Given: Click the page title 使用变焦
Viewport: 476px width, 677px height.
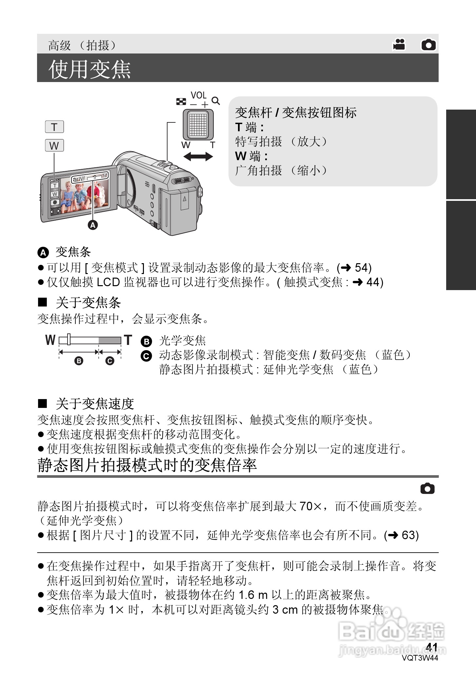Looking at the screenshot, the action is (89, 69).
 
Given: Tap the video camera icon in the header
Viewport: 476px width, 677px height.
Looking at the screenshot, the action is (399, 45).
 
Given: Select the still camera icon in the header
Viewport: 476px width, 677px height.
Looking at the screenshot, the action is (428, 45).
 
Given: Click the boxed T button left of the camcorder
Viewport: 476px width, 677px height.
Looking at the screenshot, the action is (54, 127).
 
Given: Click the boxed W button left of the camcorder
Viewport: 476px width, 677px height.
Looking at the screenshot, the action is (54, 145).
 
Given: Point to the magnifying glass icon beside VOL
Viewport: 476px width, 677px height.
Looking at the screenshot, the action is (215, 101).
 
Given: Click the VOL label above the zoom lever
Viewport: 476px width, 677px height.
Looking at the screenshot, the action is (198, 95).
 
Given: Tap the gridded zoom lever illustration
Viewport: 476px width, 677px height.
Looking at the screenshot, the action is (198, 125).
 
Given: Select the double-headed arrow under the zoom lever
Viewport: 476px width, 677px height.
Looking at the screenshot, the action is (198, 156).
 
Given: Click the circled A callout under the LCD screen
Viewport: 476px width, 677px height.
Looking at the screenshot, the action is (93, 225).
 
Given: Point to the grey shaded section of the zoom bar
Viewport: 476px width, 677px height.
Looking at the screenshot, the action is (110, 340).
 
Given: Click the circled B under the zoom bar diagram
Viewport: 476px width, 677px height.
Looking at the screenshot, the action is (79, 361).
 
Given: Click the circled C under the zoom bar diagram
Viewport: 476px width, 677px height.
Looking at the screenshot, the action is (110, 361).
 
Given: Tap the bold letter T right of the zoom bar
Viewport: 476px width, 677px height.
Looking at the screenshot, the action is (128, 340).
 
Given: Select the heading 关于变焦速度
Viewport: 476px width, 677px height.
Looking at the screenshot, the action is (95, 404).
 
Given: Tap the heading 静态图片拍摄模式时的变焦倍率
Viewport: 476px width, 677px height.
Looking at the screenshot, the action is (147, 465).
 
